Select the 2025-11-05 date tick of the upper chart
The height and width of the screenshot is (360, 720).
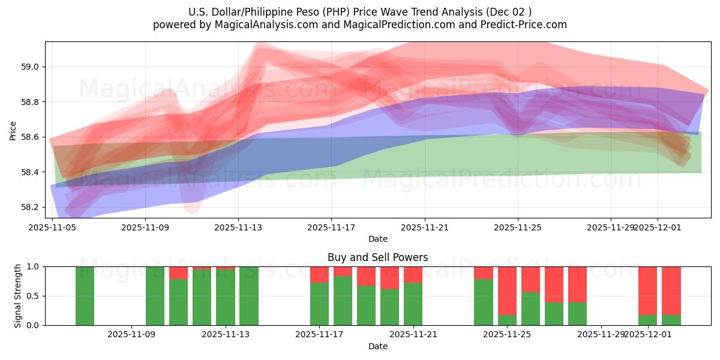(x=52, y=227)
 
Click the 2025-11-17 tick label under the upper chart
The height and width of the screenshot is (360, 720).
(x=331, y=227)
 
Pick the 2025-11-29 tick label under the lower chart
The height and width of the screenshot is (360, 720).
(x=601, y=335)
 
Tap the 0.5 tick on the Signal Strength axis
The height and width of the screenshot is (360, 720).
(x=34, y=296)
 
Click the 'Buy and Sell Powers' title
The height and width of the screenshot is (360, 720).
(x=377, y=257)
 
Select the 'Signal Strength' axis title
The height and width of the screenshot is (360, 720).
(x=18, y=296)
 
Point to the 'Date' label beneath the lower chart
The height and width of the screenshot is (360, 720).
(x=377, y=346)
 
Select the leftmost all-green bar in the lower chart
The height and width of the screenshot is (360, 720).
(x=85, y=296)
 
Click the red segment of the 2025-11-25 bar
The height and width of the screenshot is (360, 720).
(x=507, y=290)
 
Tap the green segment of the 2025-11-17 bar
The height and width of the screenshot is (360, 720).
(x=319, y=304)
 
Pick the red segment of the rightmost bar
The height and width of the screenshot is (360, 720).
(x=671, y=290)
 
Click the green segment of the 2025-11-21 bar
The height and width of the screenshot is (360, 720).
(x=413, y=304)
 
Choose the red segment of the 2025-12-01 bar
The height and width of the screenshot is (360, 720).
(x=647, y=290)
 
